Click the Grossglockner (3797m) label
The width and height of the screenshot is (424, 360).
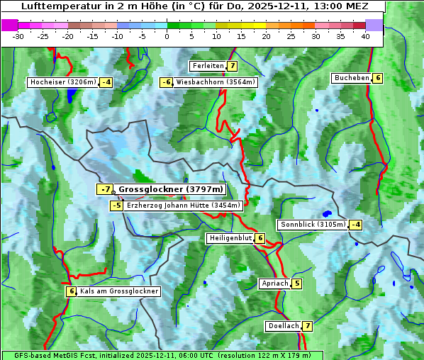pos(170,189)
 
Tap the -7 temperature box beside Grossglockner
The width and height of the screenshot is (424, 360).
pos(105,189)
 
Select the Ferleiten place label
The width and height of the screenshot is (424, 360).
pos(208,66)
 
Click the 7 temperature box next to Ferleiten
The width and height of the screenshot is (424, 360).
pos(233,66)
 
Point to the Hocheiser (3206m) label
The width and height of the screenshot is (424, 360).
pos(62,82)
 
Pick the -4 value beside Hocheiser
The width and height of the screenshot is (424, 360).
pos(106,82)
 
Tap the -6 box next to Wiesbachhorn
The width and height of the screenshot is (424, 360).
pos(167,82)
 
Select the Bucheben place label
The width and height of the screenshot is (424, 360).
pos(352,78)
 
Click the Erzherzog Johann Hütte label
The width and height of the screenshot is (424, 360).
pos(184,206)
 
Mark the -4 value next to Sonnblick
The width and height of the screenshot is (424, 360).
pos(355,225)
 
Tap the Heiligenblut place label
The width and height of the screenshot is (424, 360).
pos(230,238)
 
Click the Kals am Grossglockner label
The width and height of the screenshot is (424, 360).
pos(118,291)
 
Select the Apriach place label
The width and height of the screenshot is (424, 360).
pos(275,284)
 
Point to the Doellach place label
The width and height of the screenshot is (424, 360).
pos(284,326)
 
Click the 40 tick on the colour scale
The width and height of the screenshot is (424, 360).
pos(365,36)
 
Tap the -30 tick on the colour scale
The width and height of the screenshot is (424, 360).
pos(18,36)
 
